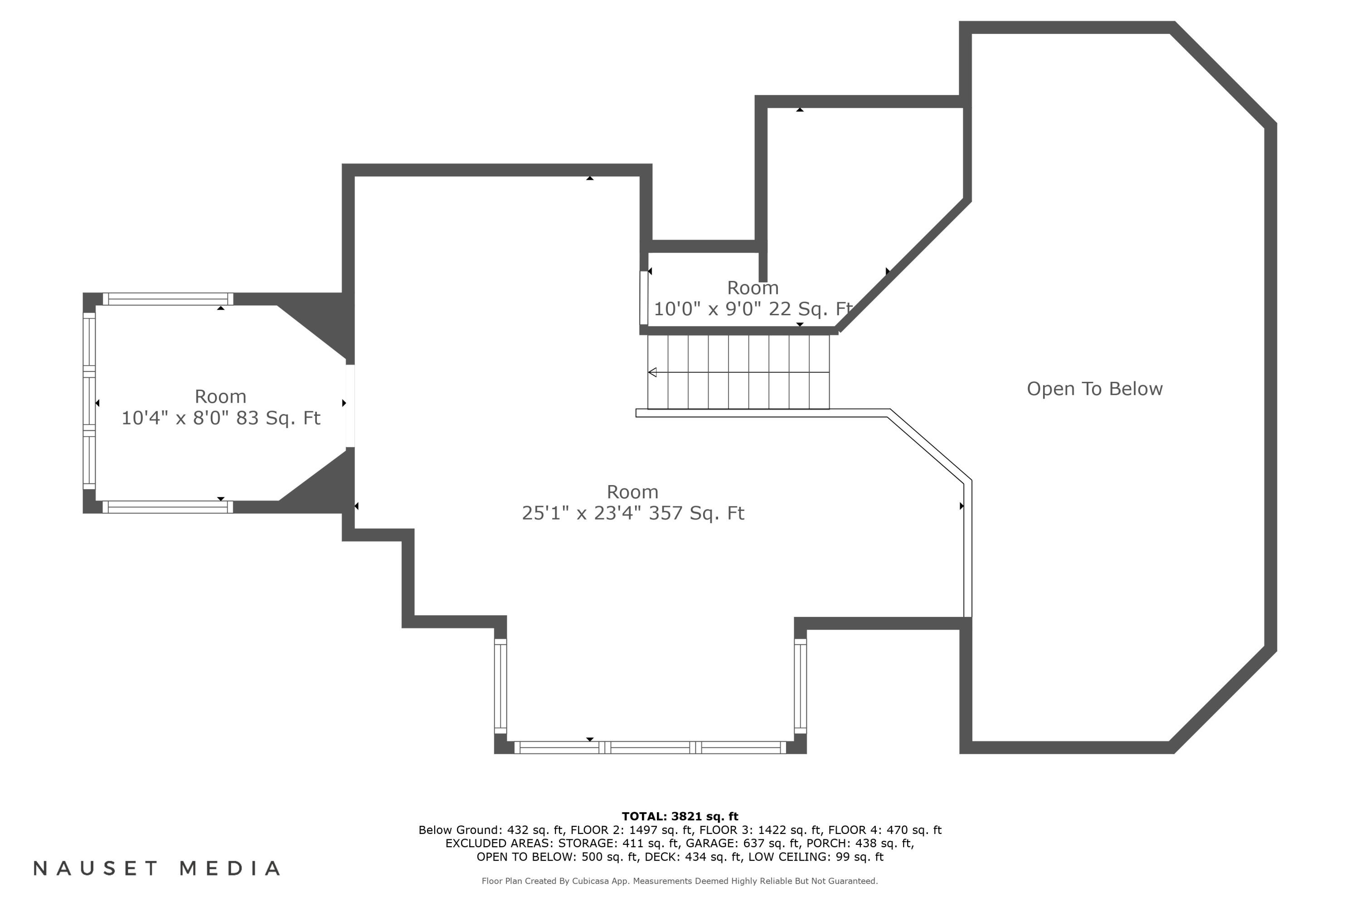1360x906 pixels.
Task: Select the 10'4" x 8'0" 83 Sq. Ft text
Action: pos(220,418)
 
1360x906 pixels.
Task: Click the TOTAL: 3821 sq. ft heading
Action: pos(680,816)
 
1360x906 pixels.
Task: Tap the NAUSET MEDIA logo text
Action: pos(157,868)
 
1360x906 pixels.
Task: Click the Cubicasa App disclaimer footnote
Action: pos(680,881)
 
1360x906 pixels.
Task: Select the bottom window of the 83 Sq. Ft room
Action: pos(168,507)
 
